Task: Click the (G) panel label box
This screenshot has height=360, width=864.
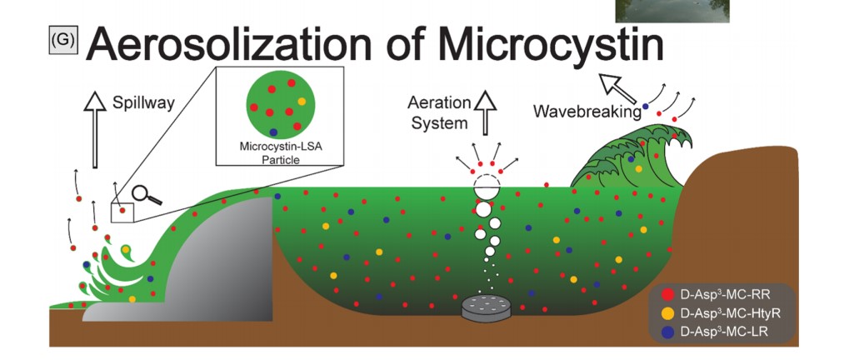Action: click(x=63, y=41)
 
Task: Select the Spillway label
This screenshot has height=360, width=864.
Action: click(x=143, y=102)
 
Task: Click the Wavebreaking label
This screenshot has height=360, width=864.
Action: click(x=587, y=112)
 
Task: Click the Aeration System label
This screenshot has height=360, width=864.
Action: click(x=440, y=113)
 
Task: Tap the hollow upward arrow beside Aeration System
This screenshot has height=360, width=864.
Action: click(x=486, y=113)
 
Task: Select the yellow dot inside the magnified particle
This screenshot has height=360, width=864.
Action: click(x=302, y=102)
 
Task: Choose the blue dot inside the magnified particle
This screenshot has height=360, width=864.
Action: click(x=273, y=132)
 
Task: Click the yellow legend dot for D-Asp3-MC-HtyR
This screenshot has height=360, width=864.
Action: click(x=667, y=314)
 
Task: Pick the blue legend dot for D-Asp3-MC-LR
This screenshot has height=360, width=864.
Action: click(x=667, y=332)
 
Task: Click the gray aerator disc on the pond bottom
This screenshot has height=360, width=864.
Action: click(x=486, y=307)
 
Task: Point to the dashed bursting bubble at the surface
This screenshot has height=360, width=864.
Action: click(x=487, y=181)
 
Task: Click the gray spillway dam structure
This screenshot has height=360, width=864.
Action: click(x=221, y=259)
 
